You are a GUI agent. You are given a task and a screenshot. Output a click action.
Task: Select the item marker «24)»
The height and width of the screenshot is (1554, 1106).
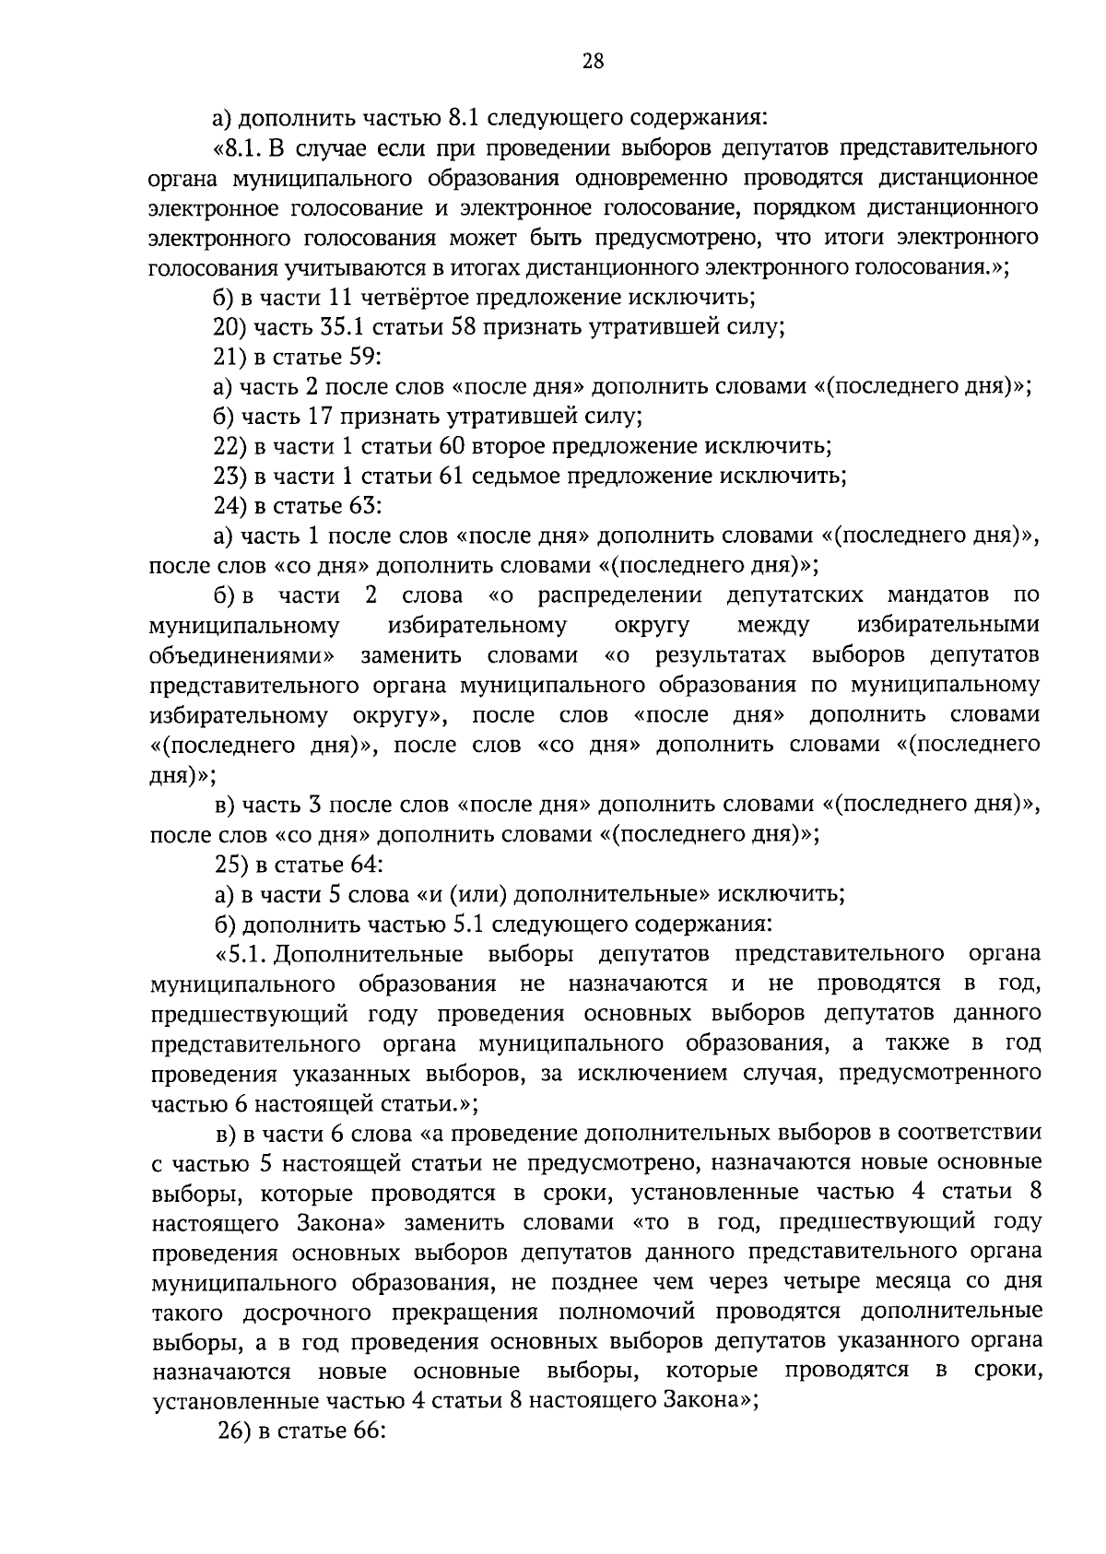pyautogui.click(x=230, y=505)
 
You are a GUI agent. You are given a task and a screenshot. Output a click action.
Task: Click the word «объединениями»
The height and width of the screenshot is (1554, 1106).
pyautogui.click(x=241, y=655)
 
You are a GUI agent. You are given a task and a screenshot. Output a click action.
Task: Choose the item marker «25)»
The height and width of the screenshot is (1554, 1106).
pyautogui.click(x=230, y=864)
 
